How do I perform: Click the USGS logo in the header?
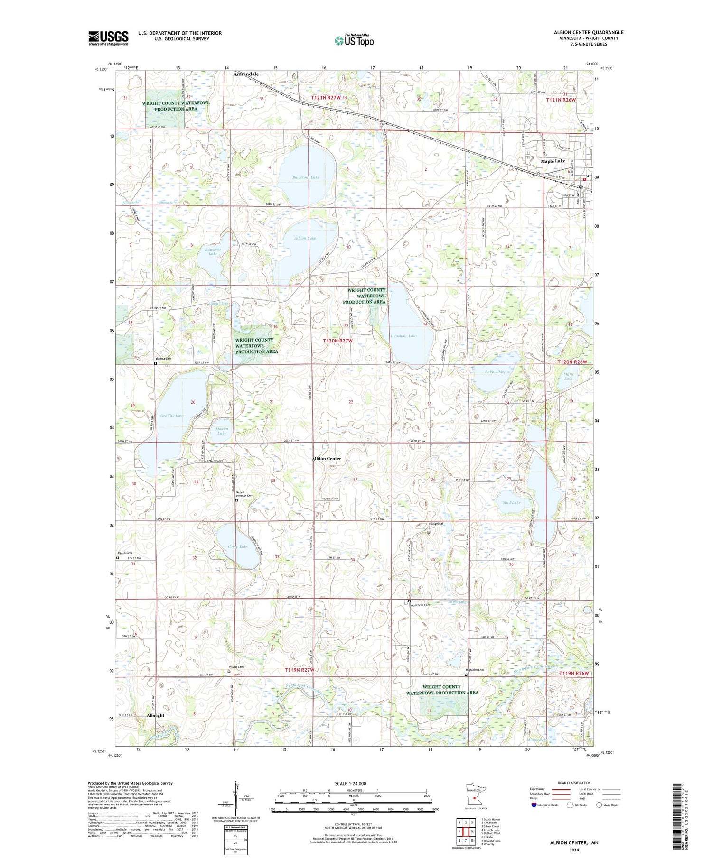(x=108, y=38)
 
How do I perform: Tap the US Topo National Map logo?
(x=354, y=40)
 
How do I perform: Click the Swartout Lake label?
(x=306, y=177)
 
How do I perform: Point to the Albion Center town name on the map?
(x=326, y=459)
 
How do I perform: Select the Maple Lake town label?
(x=553, y=161)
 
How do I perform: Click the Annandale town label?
(x=246, y=74)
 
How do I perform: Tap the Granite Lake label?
(x=172, y=416)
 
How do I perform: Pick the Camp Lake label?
(x=237, y=546)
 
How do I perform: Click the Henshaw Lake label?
(x=403, y=336)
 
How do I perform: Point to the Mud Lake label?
(x=511, y=502)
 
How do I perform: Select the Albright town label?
(x=155, y=715)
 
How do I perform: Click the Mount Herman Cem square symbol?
(x=237, y=500)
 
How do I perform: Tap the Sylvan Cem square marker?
(x=228, y=672)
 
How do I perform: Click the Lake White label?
(x=495, y=372)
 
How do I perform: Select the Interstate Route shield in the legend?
(x=534, y=805)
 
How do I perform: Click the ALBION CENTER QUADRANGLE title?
(x=588, y=32)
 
